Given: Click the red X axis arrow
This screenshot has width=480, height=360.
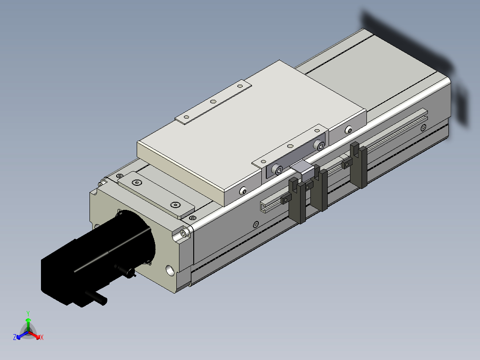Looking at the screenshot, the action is pyautogui.click(x=35, y=335).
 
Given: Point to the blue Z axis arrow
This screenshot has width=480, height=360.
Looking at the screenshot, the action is pyautogui.click(x=22, y=335).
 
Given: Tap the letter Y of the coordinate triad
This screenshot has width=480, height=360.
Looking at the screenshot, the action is pyautogui.click(x=28, y=313).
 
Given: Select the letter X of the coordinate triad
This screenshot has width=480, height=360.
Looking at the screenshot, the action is pyautogui.click(x=42, y=337).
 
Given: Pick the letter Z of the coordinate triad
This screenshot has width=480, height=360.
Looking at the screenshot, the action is pyautogui.click(x=15, y=337).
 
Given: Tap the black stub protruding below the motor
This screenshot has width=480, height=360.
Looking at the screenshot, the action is pyautogui.click(x=96, y=297).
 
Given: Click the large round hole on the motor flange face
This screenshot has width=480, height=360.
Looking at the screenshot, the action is pyautogui.click(x=171, y=270).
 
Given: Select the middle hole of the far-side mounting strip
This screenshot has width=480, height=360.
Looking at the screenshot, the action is pyautogui.click(x=213, y=102).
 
